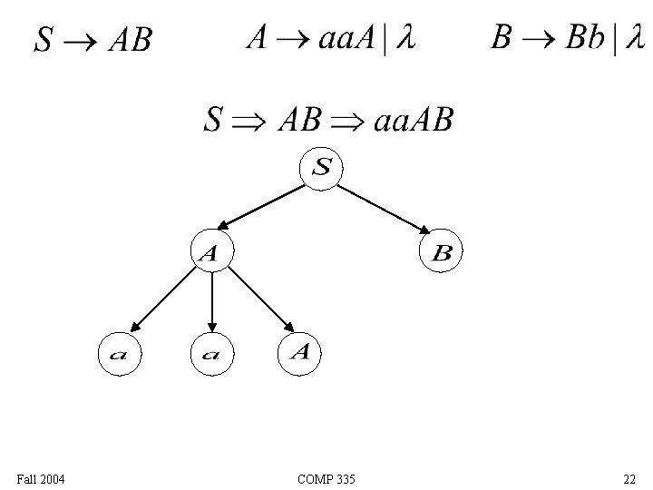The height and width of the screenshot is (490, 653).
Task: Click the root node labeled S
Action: tap(323, 168)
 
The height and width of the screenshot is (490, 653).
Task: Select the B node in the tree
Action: tap(441, 253)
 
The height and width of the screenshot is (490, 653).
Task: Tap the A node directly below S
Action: tap(211, 253)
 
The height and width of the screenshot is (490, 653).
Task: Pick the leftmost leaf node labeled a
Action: tap(119, 354)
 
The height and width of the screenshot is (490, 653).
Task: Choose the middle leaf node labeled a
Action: tap(211, 354)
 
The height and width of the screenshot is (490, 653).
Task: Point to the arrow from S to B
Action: tap(385, 211)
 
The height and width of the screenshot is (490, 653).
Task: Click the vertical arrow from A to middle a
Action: tap(211, 302)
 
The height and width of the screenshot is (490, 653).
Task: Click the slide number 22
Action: tap(629, 478)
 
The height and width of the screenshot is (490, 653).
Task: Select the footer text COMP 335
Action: tap(326, 478)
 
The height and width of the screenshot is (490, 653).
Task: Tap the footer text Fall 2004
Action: tap(40, 478)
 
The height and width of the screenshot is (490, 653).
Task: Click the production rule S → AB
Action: tap(93, 40)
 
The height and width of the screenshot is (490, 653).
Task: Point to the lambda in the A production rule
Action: tap(406, 40)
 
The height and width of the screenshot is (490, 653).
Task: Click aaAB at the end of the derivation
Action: tap(413, 120)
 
